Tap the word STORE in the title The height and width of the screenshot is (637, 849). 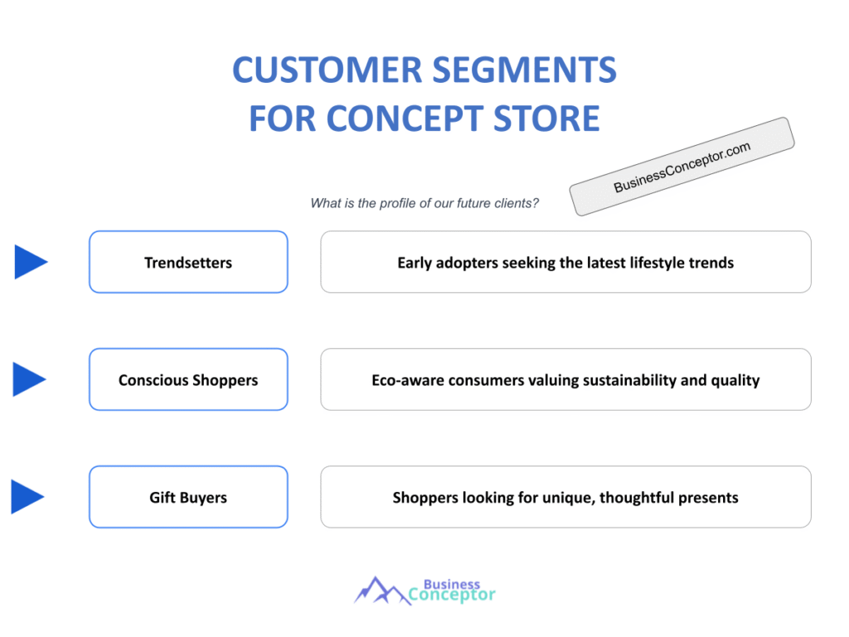click(x=544, y=119)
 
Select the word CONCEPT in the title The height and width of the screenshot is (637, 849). click(x=398, y=119)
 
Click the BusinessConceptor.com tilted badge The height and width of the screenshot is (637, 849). click(x=682, y=167)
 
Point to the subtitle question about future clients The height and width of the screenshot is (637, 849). click(x=424, y=203)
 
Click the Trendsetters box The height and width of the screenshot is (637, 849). click(x=188, y=262)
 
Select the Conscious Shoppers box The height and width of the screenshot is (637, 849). click(x=188, y=380)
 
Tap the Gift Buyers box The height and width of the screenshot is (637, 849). click(x=188, y=498)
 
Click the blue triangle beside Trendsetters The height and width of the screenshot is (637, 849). click(x=31, y=262)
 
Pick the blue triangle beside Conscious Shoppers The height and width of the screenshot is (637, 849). click(x=31, y=380)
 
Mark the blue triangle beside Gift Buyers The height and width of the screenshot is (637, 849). click(x=27, y=498)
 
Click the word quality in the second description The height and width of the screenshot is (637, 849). click(x=738, y=381)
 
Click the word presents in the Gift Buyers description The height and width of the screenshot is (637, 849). click(x=709, y=498)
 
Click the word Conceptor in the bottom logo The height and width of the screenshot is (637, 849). click(x=453, y=595)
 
